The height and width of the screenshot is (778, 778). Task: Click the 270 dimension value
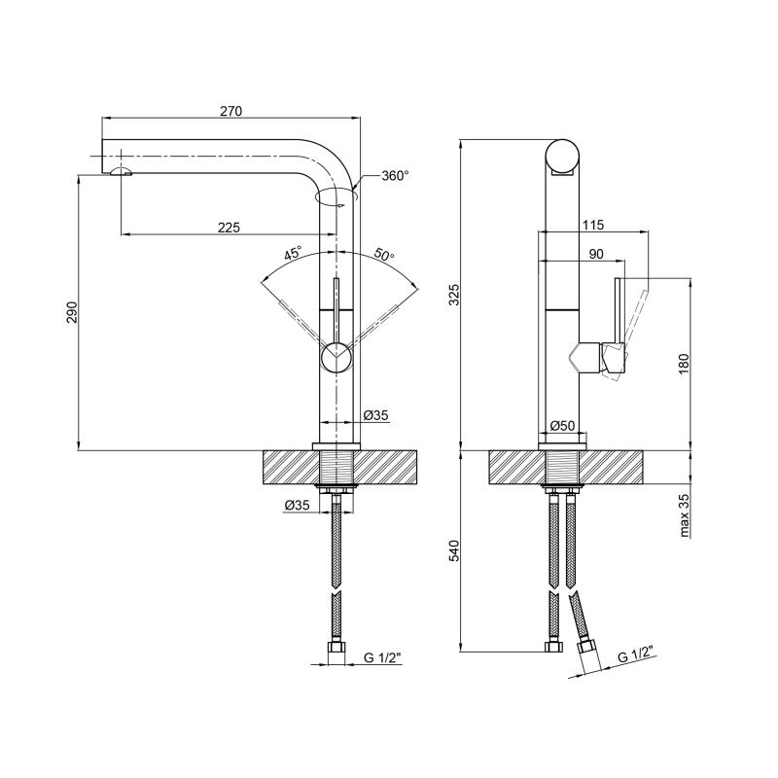pyautogui.click(x=231, y=111)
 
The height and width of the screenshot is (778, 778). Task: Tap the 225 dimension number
pyautogui.click(x=229, y=228)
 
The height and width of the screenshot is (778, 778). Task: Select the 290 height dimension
pyautogui.click(x=72, y=312)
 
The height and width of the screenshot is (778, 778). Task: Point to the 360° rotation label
pyautogui.click(x=396, y=176)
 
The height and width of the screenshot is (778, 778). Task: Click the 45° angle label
pyautogui.click(x=294, y=254)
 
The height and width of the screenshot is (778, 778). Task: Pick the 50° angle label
pyautogui.click(x=384, y=255)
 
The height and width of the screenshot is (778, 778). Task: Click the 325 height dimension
pyautogui.click(x=454, y=295)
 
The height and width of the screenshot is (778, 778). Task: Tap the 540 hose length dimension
pyautogui.click(x=454, y=550)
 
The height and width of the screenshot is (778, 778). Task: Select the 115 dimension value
pyautogui.click(x=593, y=226)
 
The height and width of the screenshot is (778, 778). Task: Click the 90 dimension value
pyautogui.click(x=596, y=254)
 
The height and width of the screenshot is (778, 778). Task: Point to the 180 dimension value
pyautogui.click(x=684, y=364)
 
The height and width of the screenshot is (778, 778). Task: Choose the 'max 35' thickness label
pyautogui.click(x=685, y=515)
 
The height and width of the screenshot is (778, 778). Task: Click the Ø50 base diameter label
pyautogui.click(x=563, y=425)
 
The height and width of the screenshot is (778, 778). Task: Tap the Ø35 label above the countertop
pyautogui.click(x=375, y=415)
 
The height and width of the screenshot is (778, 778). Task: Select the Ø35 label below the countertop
pyautogui.click(x=297, y=505)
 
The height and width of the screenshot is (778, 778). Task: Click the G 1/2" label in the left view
pyautogui.click(x=382, y=658)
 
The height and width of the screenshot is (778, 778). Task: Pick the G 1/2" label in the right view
pyautogui.click(x=635, y=654)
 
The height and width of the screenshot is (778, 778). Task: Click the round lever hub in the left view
pyautogui.click(x=336, y=357)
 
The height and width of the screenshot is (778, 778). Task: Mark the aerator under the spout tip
pyautogui.click(x=121, y=172)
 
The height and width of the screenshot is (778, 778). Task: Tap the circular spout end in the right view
pyautogui.click(x=562, y=156)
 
